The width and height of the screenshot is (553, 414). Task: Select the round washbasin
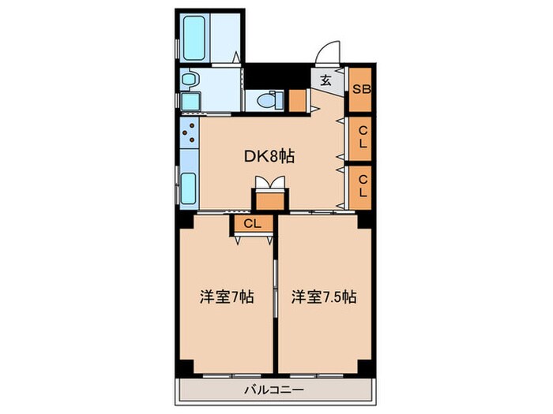click(190, 80)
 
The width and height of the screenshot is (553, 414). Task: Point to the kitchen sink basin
click(190, 188)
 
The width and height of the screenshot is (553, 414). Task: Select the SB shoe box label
click(361, 90)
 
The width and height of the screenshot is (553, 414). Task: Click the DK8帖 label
click(269, 156)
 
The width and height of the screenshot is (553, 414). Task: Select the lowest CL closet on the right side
click(361, 187)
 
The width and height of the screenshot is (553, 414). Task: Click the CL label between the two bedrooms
click(252, 224)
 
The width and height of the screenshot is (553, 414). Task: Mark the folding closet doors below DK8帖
click(269, 184)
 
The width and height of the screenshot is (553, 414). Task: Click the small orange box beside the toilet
click(297, 101)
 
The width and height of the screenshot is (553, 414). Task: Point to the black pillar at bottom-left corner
click(184, 367)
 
